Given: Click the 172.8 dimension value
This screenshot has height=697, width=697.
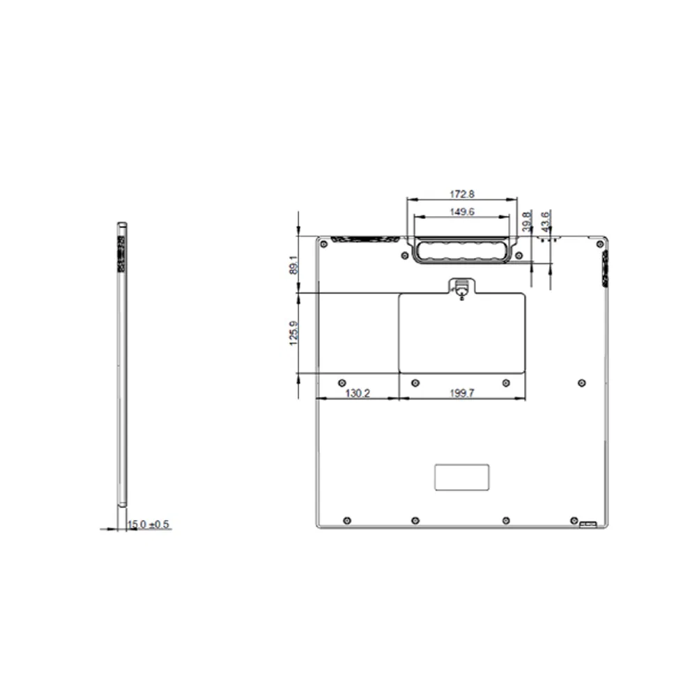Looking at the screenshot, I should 461,193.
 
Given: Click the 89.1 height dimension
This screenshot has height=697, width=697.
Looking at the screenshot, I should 293,265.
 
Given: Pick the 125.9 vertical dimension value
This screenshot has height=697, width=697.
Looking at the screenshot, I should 293,332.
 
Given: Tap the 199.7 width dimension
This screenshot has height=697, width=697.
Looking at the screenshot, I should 461,394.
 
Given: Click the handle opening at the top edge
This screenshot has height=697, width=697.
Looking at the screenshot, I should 463,251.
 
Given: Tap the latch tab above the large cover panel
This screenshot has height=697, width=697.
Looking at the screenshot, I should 461,288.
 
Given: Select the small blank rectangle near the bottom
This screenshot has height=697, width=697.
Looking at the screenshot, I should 461,477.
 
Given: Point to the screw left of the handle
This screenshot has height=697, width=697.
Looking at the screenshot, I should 404,255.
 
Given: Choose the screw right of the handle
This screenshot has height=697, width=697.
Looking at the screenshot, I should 521,255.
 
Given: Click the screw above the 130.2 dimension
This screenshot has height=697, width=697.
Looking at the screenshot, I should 341,383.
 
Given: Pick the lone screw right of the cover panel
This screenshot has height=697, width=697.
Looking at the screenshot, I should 582,383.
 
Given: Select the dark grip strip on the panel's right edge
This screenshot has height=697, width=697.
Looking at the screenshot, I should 604,266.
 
